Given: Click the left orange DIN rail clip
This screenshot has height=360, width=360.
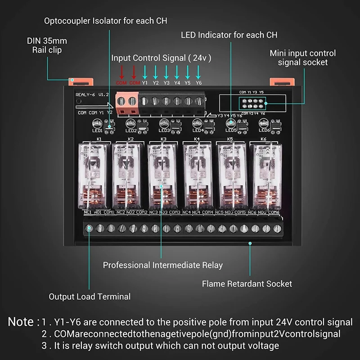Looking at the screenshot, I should (x=81, y=81).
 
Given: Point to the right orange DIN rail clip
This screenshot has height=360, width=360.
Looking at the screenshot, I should (x=282, y=81).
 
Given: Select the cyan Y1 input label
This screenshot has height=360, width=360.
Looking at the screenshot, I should (x=144, y=83).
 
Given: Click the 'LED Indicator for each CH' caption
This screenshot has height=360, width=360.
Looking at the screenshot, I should (x=229, y=35).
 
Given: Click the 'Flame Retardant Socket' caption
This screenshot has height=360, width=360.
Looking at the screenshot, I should (x=247, y=284).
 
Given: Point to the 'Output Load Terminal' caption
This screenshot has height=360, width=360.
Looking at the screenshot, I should (x=90, y=297).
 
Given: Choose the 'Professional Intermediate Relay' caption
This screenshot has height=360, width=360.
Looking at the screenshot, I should (x=162, y=265).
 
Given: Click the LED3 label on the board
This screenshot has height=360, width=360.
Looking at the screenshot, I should (x=164, y=130).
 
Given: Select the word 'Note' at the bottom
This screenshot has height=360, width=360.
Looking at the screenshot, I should (x=21, y=322).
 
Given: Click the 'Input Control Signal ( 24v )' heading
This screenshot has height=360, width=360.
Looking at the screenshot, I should (x=161, y=58).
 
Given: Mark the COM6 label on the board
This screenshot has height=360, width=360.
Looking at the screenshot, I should (x=274, y=212).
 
